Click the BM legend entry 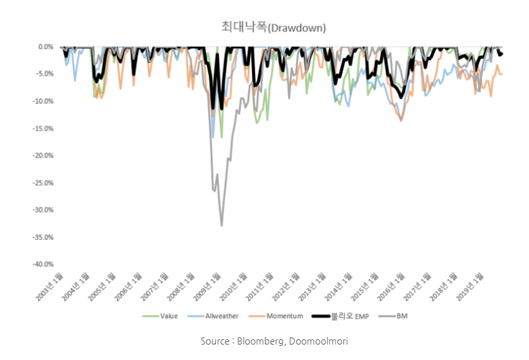[x=396, y=316]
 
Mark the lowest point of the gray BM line [x=222, y=225]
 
